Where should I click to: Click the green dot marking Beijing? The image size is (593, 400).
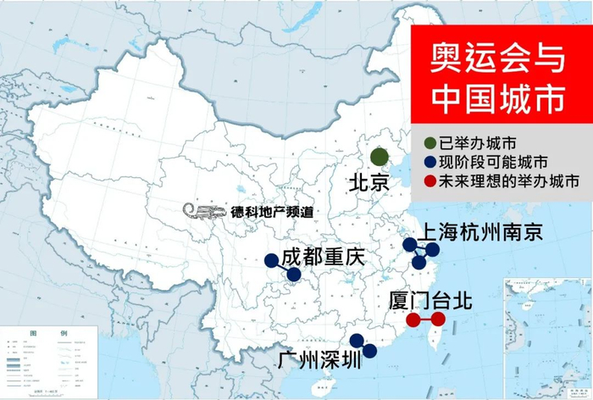pos(380,157)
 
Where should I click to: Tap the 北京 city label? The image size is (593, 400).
pos(369,183)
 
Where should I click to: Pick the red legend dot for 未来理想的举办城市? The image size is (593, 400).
pos(430,181)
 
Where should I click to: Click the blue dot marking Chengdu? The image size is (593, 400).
pos(271,261)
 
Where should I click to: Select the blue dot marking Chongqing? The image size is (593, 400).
pos(293,275)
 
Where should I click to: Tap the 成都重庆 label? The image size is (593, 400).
pos(323,257)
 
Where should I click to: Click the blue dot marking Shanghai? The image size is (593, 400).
pos(432,250)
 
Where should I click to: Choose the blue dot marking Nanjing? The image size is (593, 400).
pos(410,245)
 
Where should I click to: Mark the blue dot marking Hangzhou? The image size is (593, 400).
pos(419,263)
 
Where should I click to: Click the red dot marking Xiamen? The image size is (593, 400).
pos(413,319)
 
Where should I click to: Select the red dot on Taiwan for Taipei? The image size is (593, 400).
pos(438,319)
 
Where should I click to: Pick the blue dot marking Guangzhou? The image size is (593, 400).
pos(357,341)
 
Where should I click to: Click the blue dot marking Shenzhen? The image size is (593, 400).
pos(369,350)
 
